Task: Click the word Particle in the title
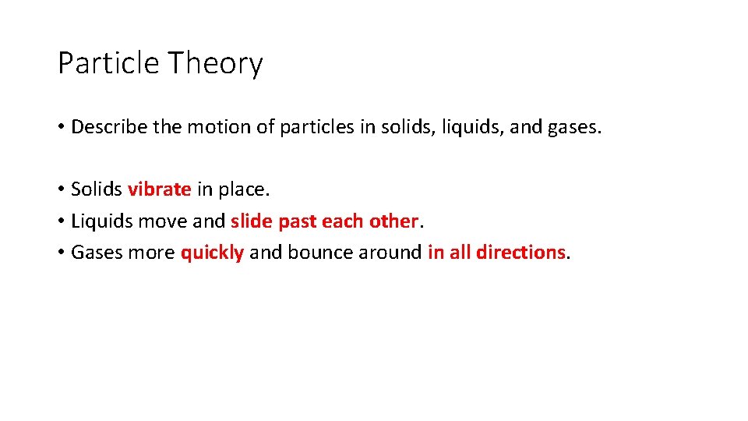108,63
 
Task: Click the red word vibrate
159,189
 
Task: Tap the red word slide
252,221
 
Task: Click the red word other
394,221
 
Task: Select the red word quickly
212,253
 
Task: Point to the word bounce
317,252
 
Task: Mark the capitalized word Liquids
102,221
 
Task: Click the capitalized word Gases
95,253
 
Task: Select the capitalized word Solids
97,189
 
